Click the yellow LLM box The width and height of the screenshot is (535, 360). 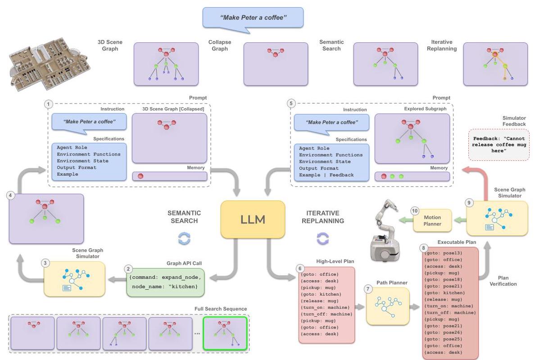pos(253,219)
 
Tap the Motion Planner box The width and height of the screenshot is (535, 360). pos(432,221)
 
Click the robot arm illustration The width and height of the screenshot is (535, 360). pos(385,231)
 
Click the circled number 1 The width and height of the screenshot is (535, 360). pos(49,104)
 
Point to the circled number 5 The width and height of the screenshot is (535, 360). pos(291,103)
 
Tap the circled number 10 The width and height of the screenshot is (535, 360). pos(415,211)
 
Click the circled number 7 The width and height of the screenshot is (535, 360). pos(368,289)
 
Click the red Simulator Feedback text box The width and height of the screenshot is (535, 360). pos(499,145)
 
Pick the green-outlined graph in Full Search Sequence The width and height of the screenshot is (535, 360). pos(225,333)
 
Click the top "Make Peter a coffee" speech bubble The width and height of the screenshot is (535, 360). pos(253,19)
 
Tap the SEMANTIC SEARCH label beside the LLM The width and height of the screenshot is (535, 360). pos(184,217)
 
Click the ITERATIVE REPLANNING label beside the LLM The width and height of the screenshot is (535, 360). pos(323,217)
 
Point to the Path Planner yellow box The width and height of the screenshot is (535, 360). pos(388,306)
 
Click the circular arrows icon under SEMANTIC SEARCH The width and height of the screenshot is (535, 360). pos(184,238)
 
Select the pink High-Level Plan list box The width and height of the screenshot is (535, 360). pos(326,305)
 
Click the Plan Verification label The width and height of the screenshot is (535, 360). pos(503,281)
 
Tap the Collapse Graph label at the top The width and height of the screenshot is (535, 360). pos(220,46)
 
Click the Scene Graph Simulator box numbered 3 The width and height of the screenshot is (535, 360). pos(74,279)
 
